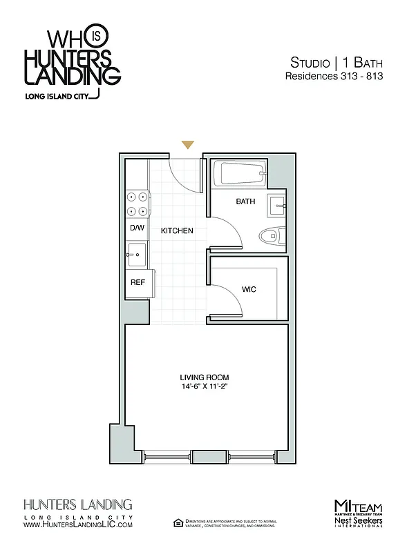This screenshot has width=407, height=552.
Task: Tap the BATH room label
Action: click(245, 202)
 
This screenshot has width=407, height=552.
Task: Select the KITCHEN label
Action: click(177, 230)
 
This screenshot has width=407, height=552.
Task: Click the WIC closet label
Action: click(249, 289)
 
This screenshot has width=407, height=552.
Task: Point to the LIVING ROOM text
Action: click(204, 377)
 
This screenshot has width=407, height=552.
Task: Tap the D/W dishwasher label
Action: click(136, 228)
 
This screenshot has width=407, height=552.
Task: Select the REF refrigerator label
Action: click(137, 282)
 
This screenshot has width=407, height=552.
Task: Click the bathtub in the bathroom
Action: click(239, 174)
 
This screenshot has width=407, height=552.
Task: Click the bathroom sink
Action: click(278, 204)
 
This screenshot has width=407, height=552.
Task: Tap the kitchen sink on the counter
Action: click(136, 255)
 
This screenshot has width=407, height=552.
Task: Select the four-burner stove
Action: click(137, 204)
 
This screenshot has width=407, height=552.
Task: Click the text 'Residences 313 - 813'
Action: click(334, 77)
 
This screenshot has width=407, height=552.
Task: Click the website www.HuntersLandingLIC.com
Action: click(78, 525)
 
